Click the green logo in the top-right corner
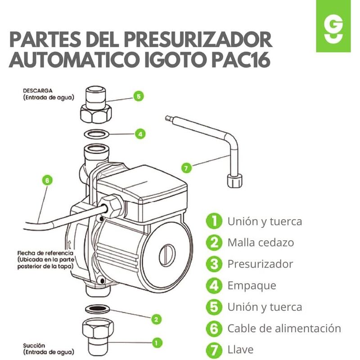tap(333, 26)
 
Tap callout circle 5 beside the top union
tap(139, 96)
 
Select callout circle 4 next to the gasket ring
tap(140, 134)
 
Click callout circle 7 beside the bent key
tap(186, 168)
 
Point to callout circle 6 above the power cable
tap(47, 180)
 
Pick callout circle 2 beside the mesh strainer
tap(156, 319)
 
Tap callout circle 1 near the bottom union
tap(157, 343)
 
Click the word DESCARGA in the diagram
tap(38, 91)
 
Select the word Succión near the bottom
tap(34, 346)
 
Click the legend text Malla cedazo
tap(261, 243)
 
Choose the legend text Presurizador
tap(260, 264)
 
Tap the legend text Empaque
tap(252, 286)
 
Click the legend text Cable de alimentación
tap(284, 328)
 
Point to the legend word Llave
tap(240, 350)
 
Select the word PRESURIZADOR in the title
tap(198, 40)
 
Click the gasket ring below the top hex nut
tap(96, 134)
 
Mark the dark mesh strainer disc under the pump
tap(97, 309)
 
